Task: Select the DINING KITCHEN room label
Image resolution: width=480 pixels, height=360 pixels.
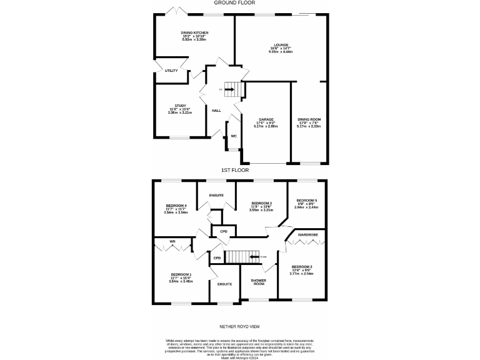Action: click(x=194, y=32)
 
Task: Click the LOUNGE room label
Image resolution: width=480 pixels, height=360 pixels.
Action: click(x=281, y=45)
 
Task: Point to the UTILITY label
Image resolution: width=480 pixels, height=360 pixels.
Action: click(x=171, y=71)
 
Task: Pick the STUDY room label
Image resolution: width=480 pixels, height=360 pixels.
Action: click(x=181, y=106)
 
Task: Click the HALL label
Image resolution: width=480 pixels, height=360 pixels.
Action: click(x=216, y=111)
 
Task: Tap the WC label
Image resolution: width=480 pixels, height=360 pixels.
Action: click(x=234, y=136)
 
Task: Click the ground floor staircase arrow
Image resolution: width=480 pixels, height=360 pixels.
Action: click(x=229, y=90)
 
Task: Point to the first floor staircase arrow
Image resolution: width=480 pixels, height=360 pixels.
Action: click(x=254, y=256)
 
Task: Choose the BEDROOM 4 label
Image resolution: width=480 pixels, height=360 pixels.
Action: click(x=177, y=206)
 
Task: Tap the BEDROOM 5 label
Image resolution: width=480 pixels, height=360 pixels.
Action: click(x=307, y=201)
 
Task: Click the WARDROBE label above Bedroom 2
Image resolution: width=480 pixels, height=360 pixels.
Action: click(x=308, y=235)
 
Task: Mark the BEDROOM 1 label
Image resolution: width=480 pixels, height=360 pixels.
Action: click(x=181, y=274)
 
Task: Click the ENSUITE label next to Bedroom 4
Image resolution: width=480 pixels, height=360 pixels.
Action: click(x=217, y=196)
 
